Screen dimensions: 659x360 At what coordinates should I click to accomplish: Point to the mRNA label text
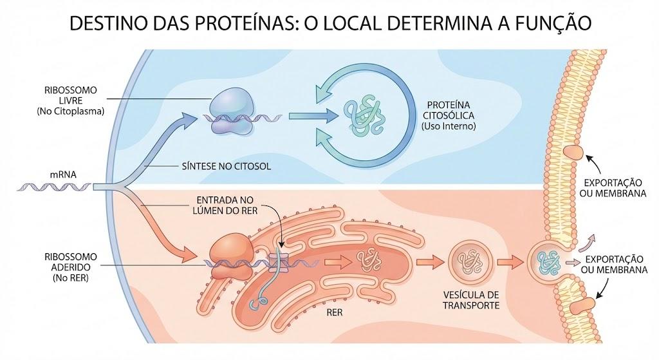coord(63,174)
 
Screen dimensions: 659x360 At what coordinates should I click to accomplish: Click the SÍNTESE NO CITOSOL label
coord(227,166)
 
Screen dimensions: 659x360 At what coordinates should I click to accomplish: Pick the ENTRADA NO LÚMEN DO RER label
coord(225,205)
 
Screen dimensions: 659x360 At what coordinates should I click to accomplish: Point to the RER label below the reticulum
coord(335,313)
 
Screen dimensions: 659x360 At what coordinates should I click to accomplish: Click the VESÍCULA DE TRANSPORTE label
coord(471,300)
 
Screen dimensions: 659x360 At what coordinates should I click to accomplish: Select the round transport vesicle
coord(470,262)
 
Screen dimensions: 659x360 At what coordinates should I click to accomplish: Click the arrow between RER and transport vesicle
coord(431,262)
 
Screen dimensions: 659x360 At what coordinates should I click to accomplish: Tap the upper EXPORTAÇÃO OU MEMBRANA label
coord(613,188)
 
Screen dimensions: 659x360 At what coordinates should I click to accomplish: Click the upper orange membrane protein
coord(573,152)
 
